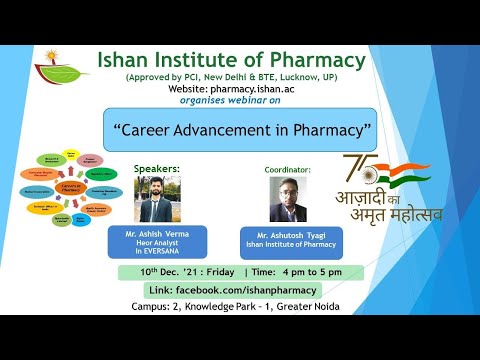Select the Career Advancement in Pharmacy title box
[239, 130]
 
